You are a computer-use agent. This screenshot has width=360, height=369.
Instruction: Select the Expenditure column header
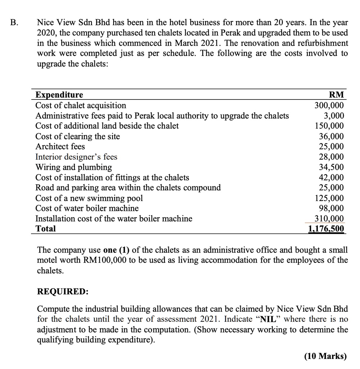pos(59,95)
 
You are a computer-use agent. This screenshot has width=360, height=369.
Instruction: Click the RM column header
pos(337,95)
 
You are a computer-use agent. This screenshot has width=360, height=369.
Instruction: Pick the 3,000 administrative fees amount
pos(334,116)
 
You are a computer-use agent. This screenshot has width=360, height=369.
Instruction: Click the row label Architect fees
pos(60,147)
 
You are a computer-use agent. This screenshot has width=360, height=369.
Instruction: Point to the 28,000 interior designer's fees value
pos(332,157)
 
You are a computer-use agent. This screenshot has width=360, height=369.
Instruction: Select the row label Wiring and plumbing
pos(74,167)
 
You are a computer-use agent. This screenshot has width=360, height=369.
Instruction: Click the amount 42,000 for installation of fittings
pos(332,178)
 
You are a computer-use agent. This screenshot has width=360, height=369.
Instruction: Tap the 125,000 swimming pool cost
pos(329,198)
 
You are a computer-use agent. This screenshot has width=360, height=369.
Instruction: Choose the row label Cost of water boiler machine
pos(87,208)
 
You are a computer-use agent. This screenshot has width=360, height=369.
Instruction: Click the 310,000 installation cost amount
pos(329,219)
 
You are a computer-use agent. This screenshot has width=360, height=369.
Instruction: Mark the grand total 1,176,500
pos(326,229)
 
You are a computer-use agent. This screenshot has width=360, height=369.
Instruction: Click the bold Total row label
pos(45,229)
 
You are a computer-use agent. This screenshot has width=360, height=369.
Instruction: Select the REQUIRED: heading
pos(63,292)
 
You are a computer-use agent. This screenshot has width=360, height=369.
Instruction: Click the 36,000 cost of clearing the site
pos(332,137)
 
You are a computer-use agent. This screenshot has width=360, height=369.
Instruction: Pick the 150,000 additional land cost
pos(329,126)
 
